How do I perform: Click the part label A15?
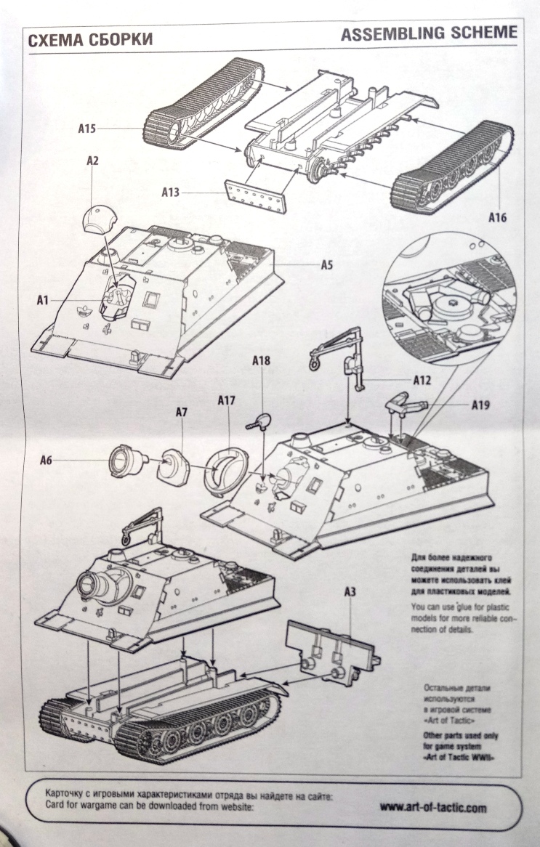tap(87, 129)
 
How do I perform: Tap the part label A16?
tap(498, 216)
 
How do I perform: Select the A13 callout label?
tap(171, 192)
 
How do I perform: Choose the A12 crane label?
tap(422, 379)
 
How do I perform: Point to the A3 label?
tap(350, 591)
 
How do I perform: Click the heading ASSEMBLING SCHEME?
tap(429, 33)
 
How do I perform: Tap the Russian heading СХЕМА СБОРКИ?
tap(90, 41)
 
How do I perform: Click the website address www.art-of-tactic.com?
tap(434, 807)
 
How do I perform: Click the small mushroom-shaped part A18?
tap(260, 420)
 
